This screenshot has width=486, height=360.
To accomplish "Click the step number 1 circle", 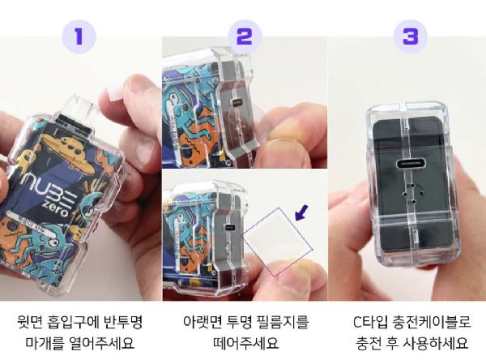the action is (x=79, y=37).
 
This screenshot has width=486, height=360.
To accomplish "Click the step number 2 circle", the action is (x=245, y=37).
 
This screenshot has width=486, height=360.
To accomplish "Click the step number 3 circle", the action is (x=411, y=37).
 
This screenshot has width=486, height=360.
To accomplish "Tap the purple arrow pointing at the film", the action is (x=301, y=212).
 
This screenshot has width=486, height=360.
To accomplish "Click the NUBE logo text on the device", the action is (x=49, y=189).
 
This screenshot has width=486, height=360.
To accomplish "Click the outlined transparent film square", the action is (x=279, y=242).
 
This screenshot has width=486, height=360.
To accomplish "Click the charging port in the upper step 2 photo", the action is (x=237, y=102).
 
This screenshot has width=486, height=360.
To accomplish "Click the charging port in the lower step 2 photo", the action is (x=230, y=228).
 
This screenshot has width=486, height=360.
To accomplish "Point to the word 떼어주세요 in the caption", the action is (x=245, y=343).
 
